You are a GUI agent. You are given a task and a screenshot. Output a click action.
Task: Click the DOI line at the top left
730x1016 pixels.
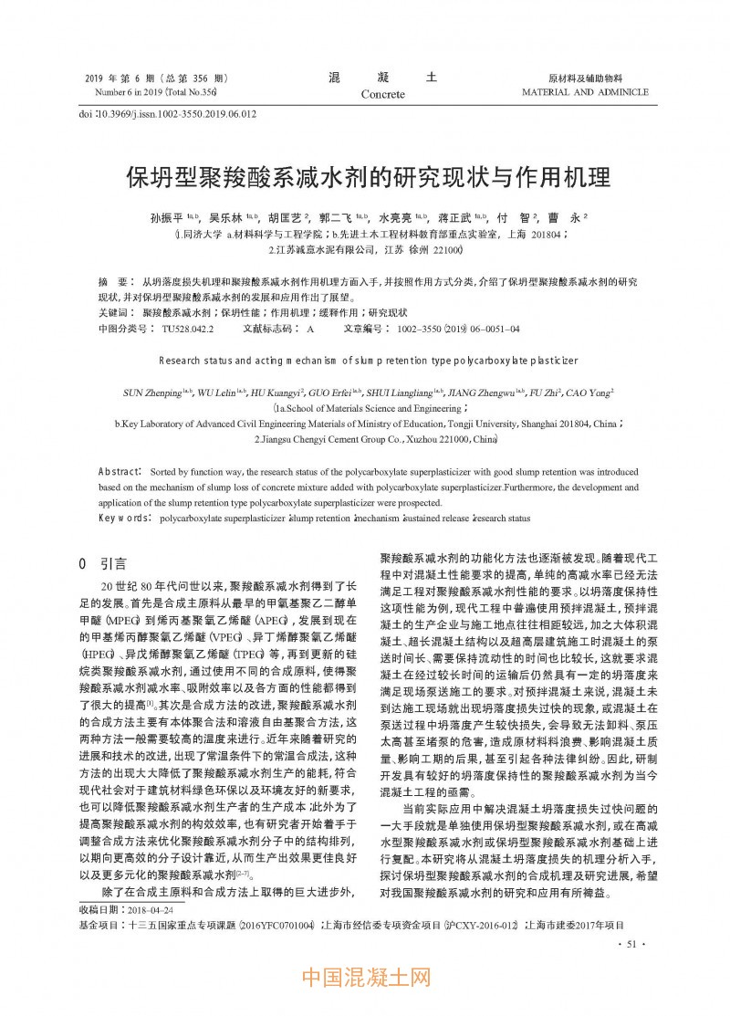(x=168, y=114)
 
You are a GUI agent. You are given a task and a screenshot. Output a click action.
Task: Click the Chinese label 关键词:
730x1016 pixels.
(x=115, y=313)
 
